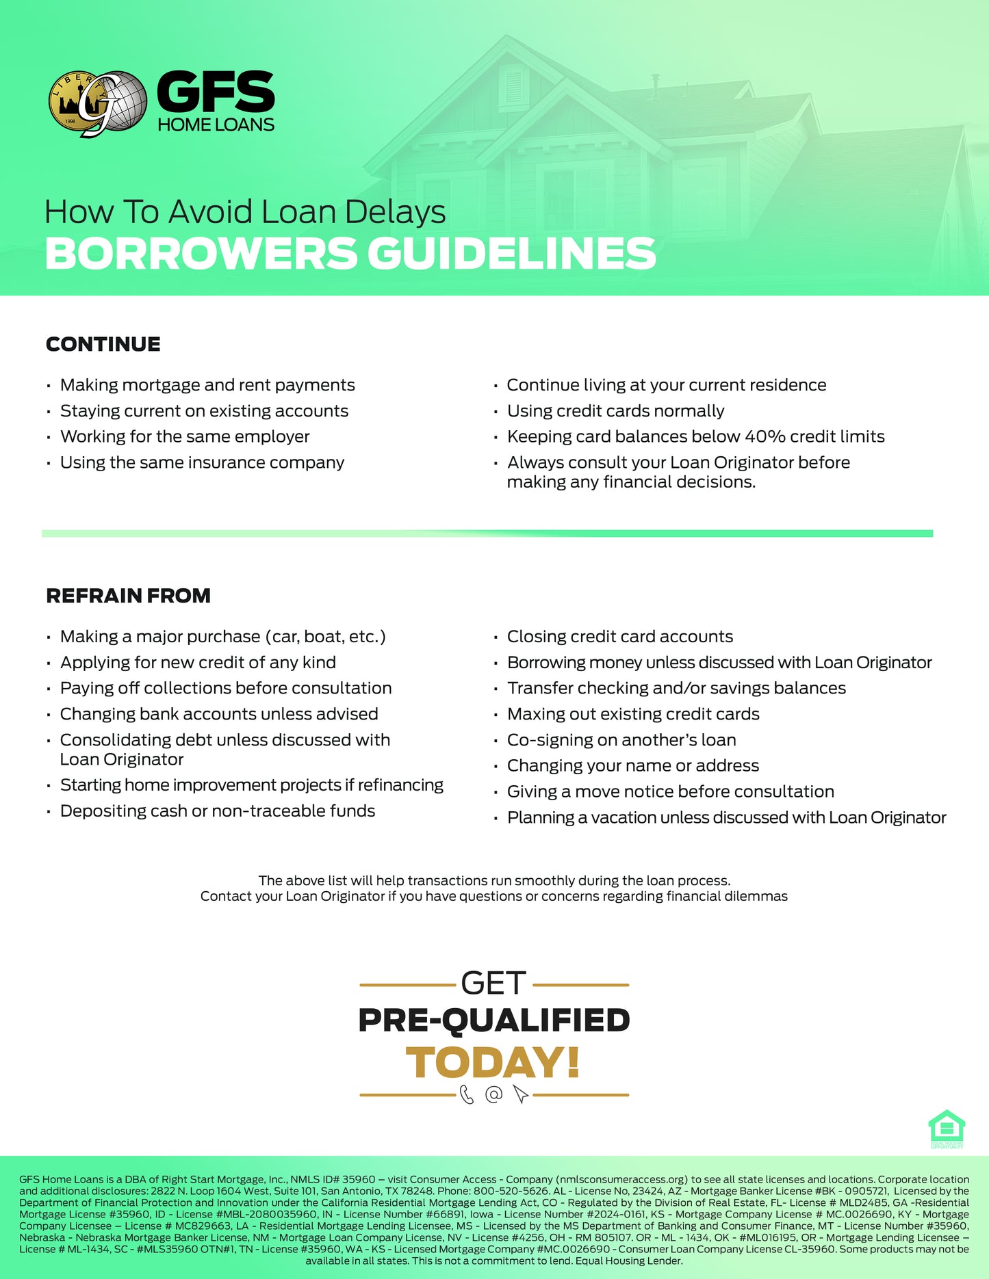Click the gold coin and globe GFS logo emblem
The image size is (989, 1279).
[97, 103]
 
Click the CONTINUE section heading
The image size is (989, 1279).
[103, 344]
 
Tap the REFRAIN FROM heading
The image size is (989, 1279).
[128, 596]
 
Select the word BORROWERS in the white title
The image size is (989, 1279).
[201, 254]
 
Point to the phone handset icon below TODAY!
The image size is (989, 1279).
[467, 1095]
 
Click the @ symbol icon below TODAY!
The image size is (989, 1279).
[493, 1094]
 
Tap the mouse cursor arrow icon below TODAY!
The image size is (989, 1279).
[520, 1094]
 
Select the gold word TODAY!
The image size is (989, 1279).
[493, 1063]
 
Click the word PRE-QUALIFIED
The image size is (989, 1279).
[493, 1020]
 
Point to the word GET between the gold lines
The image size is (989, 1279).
[493, 984]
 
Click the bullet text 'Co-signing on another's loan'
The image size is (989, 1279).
[621, 740]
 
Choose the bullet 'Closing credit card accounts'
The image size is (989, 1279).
[619, 637]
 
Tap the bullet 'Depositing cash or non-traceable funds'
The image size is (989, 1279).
[218, 811]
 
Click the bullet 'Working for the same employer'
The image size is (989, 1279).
[185, 437]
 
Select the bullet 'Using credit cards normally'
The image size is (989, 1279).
[615, 411]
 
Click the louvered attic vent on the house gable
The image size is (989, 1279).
[513, 85]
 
